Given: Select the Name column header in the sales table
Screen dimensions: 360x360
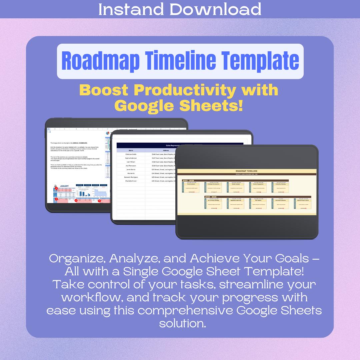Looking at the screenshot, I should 131,150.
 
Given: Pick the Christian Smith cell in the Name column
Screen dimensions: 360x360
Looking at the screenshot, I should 131,154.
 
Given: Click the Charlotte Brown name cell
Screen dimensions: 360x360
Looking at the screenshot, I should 131,181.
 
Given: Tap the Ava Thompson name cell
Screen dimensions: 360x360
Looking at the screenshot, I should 131,166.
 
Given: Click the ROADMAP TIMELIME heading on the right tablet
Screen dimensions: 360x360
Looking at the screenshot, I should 246,171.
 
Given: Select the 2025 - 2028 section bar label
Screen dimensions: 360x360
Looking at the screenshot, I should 211,197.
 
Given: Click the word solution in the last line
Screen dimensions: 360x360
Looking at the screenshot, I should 182,323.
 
